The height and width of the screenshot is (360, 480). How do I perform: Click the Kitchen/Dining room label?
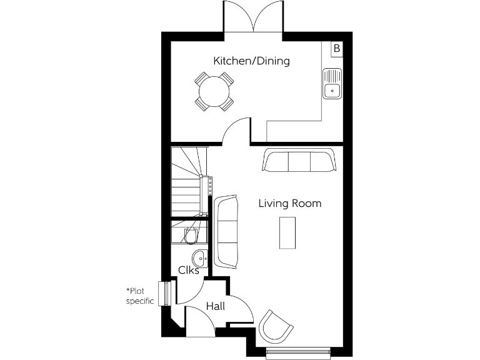tap(251, 61)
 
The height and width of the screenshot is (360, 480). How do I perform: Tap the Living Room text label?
tap(290, 203)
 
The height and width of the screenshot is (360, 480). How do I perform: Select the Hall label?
tap(215, 306)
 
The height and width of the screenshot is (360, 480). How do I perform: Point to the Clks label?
tap(189, 271)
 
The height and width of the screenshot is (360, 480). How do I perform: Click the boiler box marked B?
tap(336, 48)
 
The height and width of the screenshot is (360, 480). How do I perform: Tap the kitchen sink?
tap(332, 84)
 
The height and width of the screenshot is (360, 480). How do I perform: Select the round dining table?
tap(214, 92)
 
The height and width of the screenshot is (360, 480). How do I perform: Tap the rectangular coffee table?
tap(287, 232)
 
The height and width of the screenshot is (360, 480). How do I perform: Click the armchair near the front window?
tap(276, 326)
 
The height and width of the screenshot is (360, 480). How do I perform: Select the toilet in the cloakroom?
tap(191, 235)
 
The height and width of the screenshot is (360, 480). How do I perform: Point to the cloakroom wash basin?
tap(200, 257)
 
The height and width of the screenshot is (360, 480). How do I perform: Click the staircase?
tap(189, 181)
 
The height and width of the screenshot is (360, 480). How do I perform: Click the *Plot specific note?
tap(140, 296)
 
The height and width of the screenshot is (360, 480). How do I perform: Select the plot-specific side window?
tap(166, 293)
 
